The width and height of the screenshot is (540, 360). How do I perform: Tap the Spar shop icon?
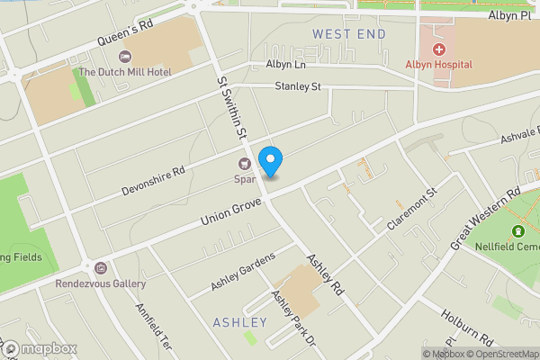(243, 164)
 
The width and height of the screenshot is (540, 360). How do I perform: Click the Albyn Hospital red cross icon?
(439, 49)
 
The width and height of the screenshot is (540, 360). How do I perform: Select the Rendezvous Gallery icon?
(100, 268)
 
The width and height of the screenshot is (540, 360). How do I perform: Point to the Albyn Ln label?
(286, 65)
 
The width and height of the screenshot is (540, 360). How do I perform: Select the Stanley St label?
(298, 87)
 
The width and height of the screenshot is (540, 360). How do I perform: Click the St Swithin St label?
(230, 107)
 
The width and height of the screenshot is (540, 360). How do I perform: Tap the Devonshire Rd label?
(154, 181)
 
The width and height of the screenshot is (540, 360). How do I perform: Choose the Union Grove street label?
(230, 212)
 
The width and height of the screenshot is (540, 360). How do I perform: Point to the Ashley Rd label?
(326, 275)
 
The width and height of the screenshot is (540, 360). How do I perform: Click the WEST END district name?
(349, 34)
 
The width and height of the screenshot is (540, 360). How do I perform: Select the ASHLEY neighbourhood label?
(240, 322)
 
